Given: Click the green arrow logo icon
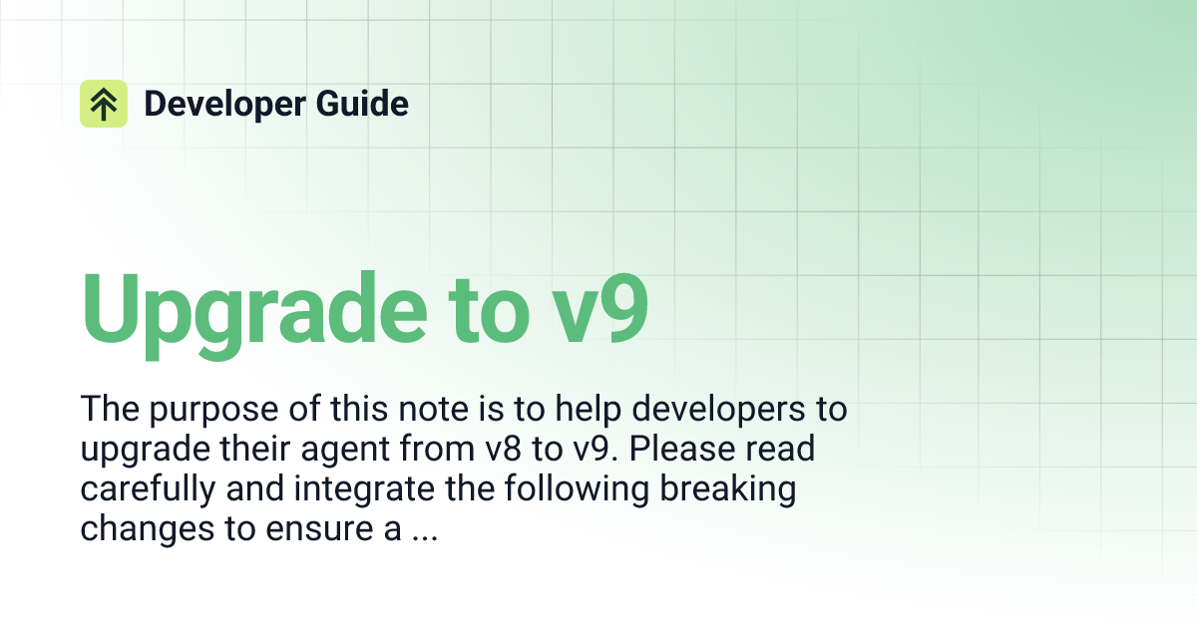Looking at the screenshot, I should tap(104, 104).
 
